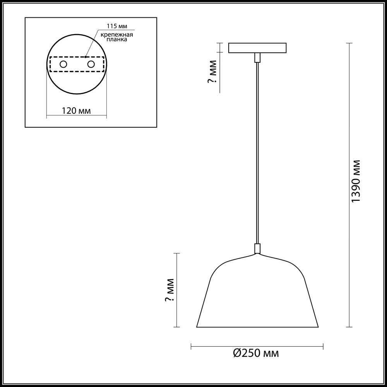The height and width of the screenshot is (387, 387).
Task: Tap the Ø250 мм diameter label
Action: tap(256, 353)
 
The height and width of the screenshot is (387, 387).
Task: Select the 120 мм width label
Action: tap(76, 111)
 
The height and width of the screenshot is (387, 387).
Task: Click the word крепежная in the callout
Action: tap(117, 35)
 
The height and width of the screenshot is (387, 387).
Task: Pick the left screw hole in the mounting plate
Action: tap(63, 64)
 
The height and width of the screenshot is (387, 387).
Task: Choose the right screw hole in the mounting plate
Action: tap(91, 64)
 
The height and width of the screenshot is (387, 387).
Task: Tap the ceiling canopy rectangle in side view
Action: tap(257, 48)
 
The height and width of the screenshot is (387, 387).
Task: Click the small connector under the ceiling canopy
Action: tap(257, 58)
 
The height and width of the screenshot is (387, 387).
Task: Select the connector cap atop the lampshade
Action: tap(257, 248)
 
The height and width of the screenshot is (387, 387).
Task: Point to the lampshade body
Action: tap(257, 294)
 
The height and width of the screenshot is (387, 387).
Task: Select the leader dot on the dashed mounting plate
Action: tap(86, 57)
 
